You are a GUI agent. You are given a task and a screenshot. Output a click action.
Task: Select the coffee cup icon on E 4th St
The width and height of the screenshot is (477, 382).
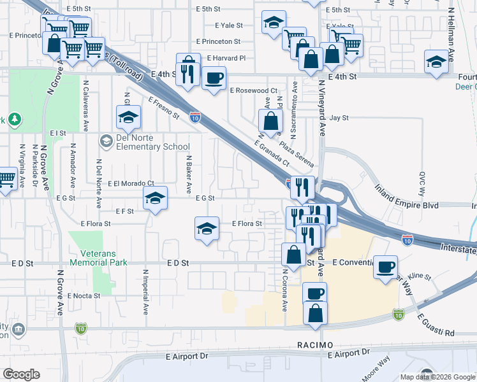(214, 78)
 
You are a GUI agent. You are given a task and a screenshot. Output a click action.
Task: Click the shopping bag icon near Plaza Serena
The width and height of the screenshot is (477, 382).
(270, 120)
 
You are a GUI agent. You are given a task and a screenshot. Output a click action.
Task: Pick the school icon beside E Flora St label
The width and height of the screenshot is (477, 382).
(207, 229)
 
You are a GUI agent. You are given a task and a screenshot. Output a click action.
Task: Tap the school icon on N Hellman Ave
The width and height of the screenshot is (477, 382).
(436, 62)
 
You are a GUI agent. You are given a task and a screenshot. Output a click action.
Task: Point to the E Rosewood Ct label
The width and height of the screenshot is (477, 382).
(254, 91)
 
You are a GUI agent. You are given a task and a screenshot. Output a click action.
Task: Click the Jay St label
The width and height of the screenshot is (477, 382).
(339, 118)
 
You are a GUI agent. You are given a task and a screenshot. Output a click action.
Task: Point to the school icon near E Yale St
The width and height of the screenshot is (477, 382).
(273, 24)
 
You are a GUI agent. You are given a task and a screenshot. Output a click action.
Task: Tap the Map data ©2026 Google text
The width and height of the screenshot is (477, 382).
(437, 376)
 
